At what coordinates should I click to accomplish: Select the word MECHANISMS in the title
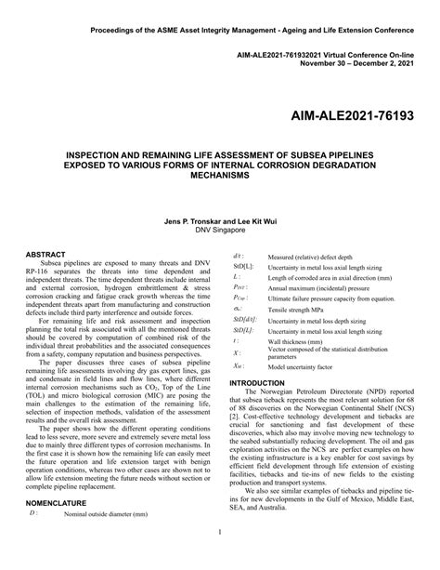pos(220,174)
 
